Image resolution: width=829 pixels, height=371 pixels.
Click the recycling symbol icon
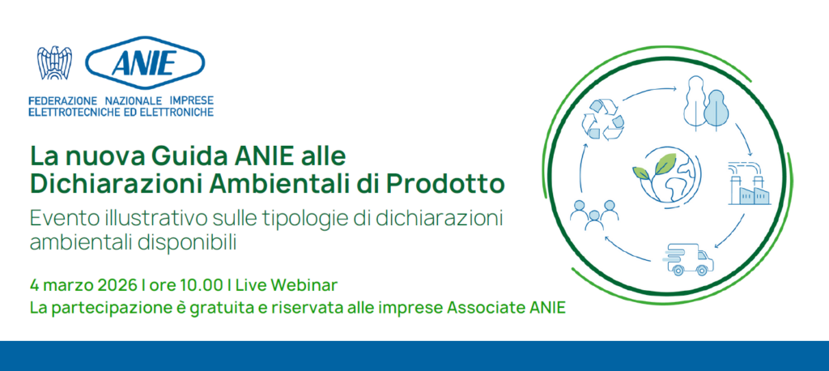point(602,120)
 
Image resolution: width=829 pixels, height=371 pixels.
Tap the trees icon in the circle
point(706,103)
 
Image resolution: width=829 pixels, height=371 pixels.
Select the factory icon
point(749,182)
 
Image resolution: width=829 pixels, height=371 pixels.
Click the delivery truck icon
point(687,259)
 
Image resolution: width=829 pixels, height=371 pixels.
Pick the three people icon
point(594,215)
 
